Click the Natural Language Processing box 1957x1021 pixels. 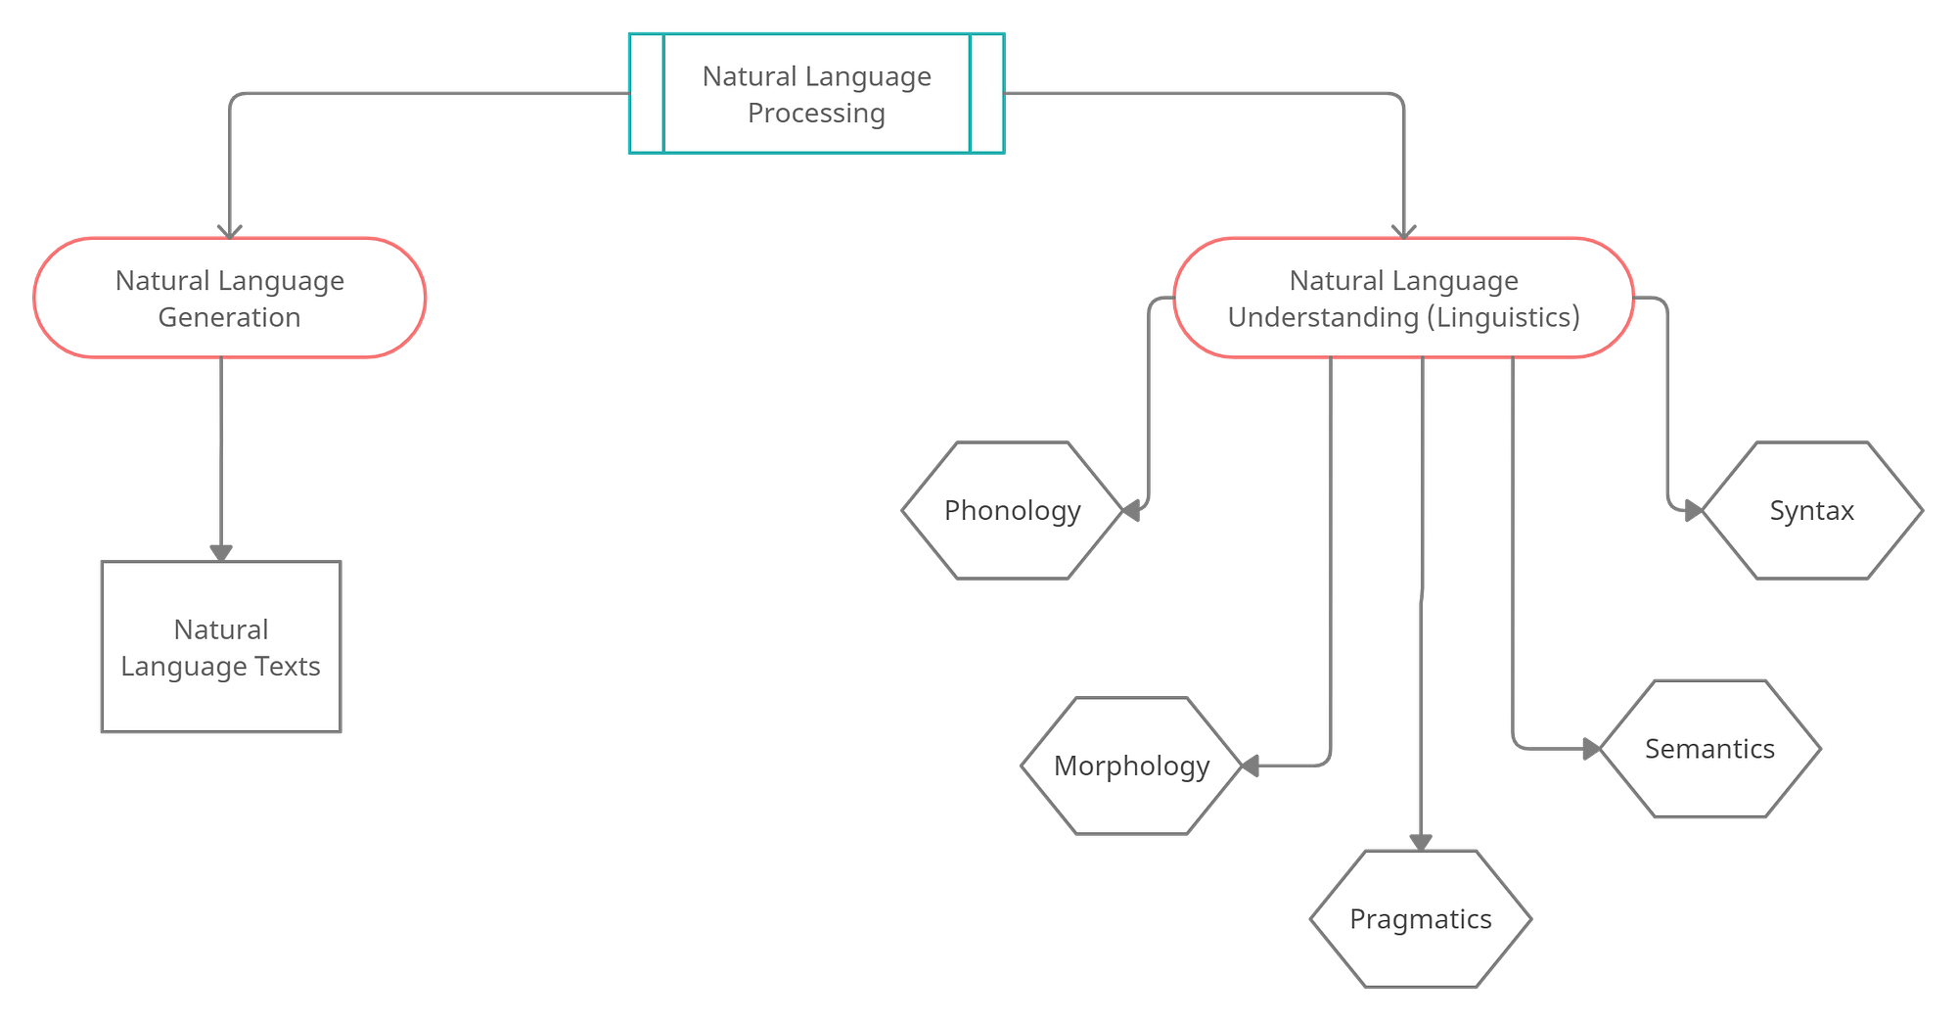pos(816,93)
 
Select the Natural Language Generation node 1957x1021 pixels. pos(230,298)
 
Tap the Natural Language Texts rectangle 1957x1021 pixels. pos(221,647)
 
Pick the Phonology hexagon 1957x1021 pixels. pos(1012,510)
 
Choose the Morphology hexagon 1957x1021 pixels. pos(1131,766)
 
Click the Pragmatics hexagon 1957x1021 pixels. pos(1420,919)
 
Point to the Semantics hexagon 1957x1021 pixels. pos(1709,749)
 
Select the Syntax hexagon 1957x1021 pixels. pos(1811,510)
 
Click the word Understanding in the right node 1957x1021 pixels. pos(1323,317)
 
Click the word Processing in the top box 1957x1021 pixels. pos(816,114)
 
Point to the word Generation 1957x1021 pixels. pos(229,317)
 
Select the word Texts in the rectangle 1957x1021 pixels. pos(288,667)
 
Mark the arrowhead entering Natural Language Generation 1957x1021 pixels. pos(230,230)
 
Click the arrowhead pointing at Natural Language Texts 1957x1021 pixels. pos(221,551)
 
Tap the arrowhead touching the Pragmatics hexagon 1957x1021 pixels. pos(1421,839)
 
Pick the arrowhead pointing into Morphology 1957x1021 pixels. pos(1250,766)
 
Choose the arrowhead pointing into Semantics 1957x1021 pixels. pos(1590,749)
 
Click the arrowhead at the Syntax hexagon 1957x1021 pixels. pos(1692,510)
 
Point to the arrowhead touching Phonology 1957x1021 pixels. pos(1134,510)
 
